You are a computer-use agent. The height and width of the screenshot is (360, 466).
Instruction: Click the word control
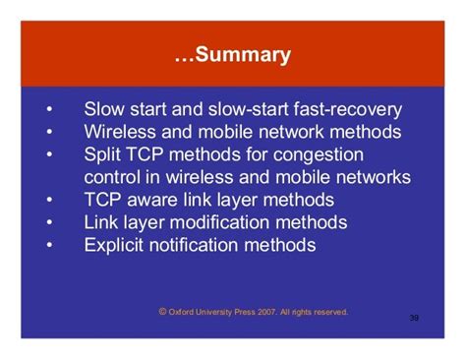pyautogui.click(x=115, y=177)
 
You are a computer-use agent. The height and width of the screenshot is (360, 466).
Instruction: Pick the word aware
pyautogui.click(x=159, y=200)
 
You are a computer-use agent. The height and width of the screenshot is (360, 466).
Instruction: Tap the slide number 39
pyautogui.click(x=414, y=318)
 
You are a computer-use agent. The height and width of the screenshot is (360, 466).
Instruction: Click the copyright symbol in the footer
pyautogui.click(x=162, y=311)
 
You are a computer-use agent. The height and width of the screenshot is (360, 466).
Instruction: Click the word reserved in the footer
pyautogui.click(x=328, y=312)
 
